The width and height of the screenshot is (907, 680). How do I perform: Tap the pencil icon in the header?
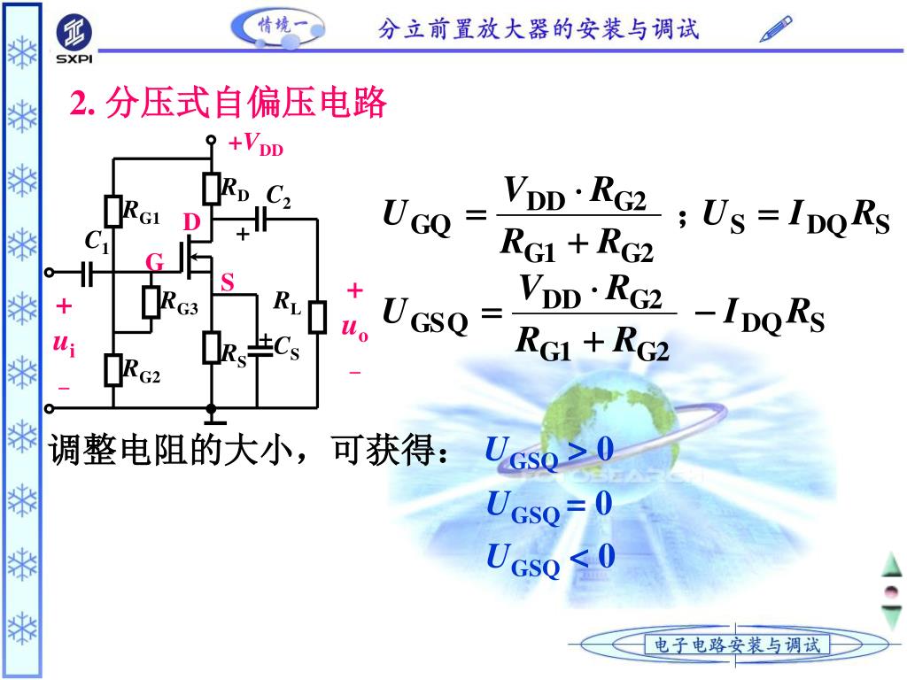pyautogui.click(x=776, y=29)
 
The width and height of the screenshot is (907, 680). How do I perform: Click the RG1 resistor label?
pyautogui.click(x=141, y=213)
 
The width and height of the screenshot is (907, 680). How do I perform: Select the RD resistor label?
pyautogui.click(x=235, y=189)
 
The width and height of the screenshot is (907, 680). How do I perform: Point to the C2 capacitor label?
pyautogui.click(x=278, y=197)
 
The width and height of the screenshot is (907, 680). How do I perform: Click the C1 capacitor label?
pyautogui.click(x=97, y=242)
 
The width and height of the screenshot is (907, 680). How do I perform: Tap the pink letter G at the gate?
pyautogui.click(x=155, y=263)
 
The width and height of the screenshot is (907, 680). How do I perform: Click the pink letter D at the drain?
pyautogui.click(x=191, y=221)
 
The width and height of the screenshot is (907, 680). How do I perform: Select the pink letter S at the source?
pyautogui.click(x=228, y=283)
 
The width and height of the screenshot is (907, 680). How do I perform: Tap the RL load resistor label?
pyautogui.click(x=287, y=305)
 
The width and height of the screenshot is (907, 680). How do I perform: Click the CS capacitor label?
pyautogui.click(x=286, y=350)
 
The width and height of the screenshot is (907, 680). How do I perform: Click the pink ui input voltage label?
pyautogui.click(x=64, y=342)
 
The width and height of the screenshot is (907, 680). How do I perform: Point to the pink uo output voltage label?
pyautogui.click(x=354, y=328)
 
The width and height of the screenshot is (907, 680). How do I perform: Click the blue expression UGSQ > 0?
pyautogui.click(x=549, y=452)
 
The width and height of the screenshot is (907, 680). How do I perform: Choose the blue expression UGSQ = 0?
pyautogui.click(x=549, y=506)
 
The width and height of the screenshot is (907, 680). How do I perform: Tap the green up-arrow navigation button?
pyautogui.click(x=890, y=564)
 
